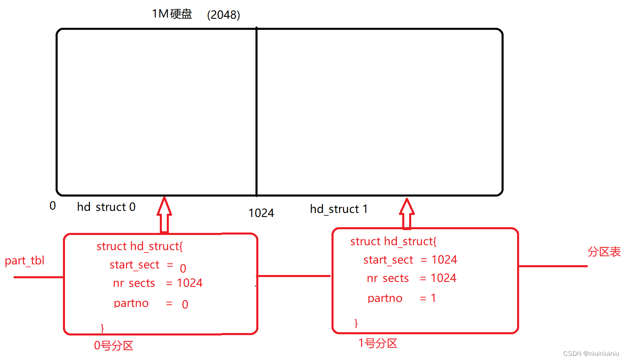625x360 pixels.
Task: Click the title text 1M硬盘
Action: tap(172, 14)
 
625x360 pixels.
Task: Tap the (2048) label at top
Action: tap(224, 15)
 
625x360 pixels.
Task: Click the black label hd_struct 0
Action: tap(106, 207)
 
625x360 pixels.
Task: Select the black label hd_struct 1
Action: tap(339, 209)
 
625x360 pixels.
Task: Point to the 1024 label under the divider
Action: tap(261, 213)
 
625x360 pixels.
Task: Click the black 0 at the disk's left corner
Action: tap(53, 206)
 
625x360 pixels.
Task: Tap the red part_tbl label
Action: tap(25, 261)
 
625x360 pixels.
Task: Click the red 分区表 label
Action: tap(604, 252)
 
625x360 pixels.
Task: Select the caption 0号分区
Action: tap(114, 346)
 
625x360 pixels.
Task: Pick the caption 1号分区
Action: tap(378, 343)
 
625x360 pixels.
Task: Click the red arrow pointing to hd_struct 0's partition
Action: tap(164, 215)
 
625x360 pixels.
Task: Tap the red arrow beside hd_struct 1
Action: tap(407, 213)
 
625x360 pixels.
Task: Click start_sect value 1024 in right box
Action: tap(444, 260)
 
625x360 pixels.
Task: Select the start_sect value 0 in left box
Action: tap(183, 268)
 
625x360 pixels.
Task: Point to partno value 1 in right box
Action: tap(433, 298)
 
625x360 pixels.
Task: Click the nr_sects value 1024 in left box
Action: tap(190, 283)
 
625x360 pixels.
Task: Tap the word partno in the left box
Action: tap(131, 303)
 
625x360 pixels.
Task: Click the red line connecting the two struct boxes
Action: tap(294, 276)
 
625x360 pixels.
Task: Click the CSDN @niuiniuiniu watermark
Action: tap(591, 353)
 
